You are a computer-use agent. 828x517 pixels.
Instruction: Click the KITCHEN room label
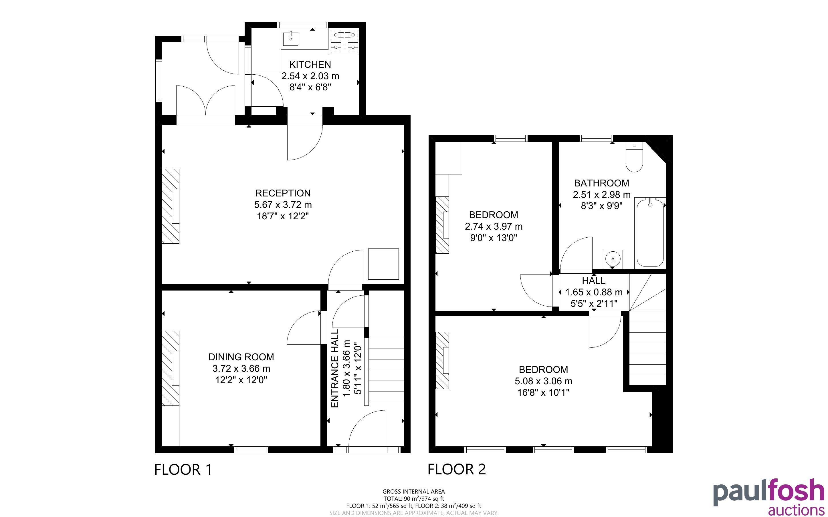point(310,64)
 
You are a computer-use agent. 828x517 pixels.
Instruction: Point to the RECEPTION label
point(283,193)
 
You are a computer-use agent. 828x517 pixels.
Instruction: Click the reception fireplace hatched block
point(170,206)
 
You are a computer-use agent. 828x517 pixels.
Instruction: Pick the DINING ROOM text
point(241,357)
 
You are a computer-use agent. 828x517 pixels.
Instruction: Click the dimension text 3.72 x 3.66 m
point(241,369)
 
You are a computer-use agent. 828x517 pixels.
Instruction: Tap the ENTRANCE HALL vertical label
point(335,368)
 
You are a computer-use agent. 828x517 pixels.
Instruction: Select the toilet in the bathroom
point(634,157)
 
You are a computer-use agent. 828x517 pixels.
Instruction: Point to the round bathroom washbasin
point(613,259)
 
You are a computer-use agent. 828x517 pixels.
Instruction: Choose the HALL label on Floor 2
point(594,281)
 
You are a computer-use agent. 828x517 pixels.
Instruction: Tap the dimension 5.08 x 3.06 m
point(543,381)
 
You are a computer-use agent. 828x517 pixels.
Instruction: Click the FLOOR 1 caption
point(183,470)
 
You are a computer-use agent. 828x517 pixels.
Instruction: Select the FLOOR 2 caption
point(457,469)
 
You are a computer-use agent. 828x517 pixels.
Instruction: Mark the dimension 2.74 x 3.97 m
point(494,226)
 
